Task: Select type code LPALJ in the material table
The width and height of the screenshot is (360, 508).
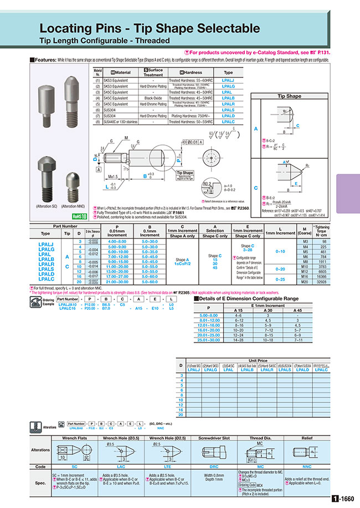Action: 228,81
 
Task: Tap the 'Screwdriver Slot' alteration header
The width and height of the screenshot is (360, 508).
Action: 210,438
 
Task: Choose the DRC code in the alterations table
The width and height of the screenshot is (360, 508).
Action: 210,467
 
